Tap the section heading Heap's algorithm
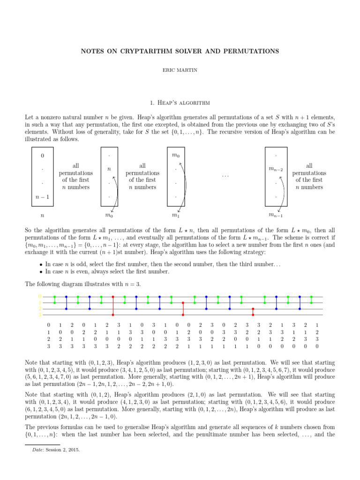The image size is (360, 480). (180, 102)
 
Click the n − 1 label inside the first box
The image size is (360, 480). (43, 197)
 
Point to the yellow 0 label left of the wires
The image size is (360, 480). (40, 297)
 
